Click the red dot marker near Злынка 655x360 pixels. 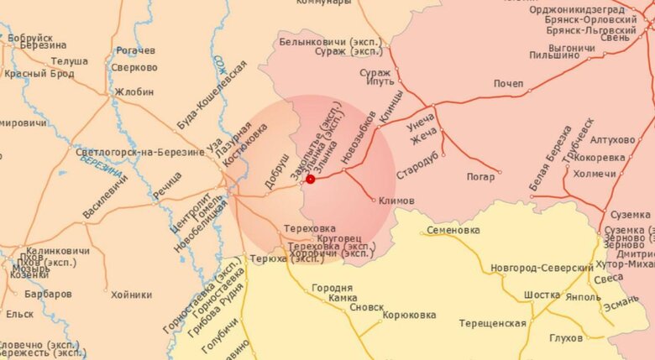(310, 179)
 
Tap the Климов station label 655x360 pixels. (396, 201)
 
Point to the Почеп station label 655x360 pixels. (508, 84)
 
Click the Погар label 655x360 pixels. (481, 176)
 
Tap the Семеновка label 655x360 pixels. (453, 229)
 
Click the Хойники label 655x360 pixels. (131, 295)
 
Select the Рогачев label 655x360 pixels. (136, 50)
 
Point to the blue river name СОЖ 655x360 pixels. (220, 66)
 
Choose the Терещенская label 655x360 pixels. (492, 323)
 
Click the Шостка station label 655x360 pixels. (541, 295)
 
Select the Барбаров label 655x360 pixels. (48, 295)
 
